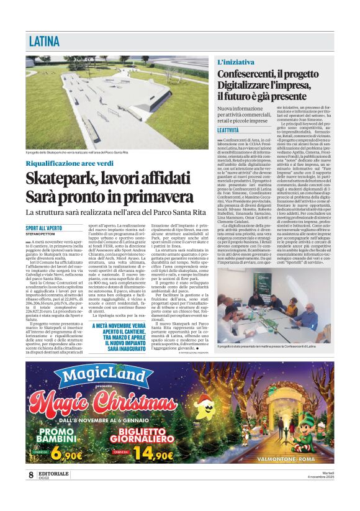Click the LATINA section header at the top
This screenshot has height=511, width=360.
(x=45, y=42)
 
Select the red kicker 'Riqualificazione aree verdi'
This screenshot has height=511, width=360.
(x=71, y=163)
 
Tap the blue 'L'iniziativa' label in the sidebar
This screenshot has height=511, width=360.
(x=235, y=62)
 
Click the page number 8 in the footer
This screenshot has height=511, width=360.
(x=30, y=475)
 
